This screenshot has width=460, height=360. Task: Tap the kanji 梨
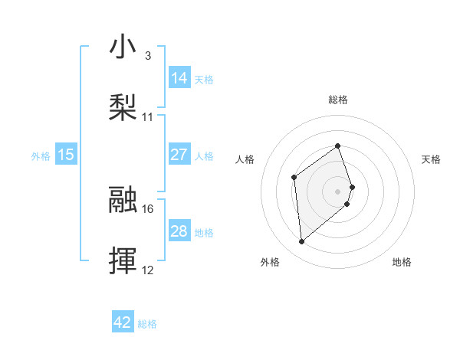click(x=123, y=106)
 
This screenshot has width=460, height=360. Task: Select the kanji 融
click(x=123, y=199)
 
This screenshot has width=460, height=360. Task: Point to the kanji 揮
click(x=123, y=260)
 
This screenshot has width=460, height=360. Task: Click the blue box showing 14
click(x=179, y=78)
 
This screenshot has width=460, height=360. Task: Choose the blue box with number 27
click(x=179, y=155)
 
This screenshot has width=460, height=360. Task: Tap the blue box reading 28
click(x=179, y=231)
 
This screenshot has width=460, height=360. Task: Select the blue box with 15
click(x=66, y=155)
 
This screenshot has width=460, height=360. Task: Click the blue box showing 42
click(x=123, y=322)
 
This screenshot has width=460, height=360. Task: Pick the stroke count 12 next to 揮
click(x=148, y=270)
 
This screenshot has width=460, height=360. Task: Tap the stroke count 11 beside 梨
click(x=148, y=117)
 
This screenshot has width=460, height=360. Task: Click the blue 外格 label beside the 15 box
click(x=41, y=155)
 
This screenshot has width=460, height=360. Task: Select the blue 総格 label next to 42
click(x=147, y=324)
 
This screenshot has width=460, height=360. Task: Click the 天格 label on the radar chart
click(x=432, y=159)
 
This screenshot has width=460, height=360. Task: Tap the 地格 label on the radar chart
click(x=402, y=262)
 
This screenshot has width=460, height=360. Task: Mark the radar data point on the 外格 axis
click(x=301, y=242)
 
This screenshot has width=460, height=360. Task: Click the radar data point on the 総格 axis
click(x=337, y=146)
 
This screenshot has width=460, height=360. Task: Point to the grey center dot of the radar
click(x=337, y=191)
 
